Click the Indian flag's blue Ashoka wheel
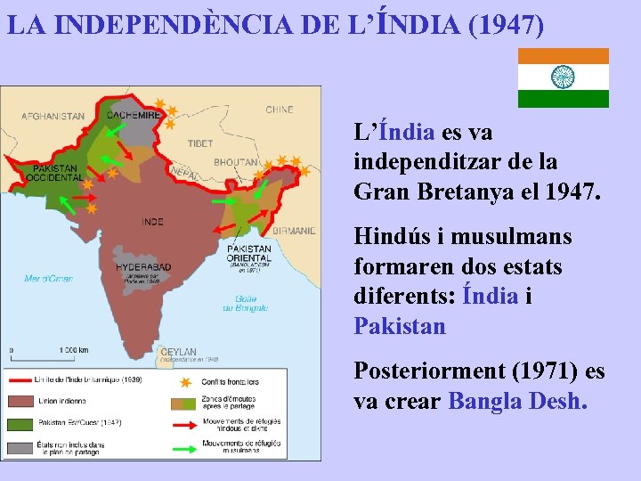point(564,77)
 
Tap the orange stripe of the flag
point(564,55)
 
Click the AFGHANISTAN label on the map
point(53,116)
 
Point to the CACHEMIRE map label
point(134,115)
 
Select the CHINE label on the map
point(279,110)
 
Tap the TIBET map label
point(200,143)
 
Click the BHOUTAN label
point(235,163)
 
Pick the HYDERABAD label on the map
point(142,266)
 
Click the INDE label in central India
point(152,222)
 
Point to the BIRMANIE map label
point(294,231)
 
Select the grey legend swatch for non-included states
point(20,445)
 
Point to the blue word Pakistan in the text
point(400,326)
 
